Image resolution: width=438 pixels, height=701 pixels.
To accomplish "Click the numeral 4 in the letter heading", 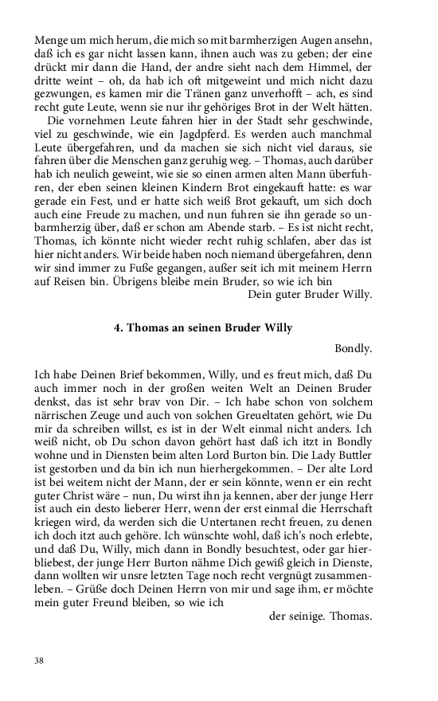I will [118, 328].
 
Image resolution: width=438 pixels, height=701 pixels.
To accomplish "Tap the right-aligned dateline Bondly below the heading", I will [354, 348].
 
